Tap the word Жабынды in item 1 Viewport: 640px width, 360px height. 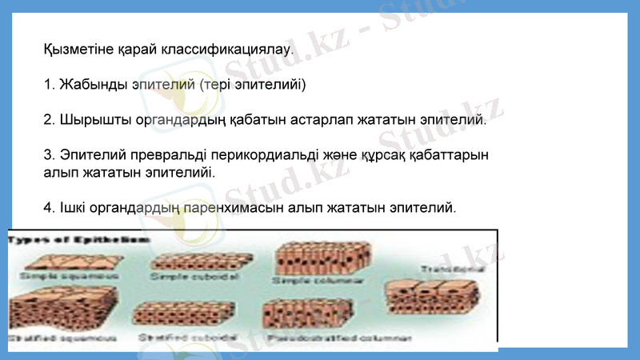point(88,84)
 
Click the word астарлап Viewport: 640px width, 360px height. point(315,119)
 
